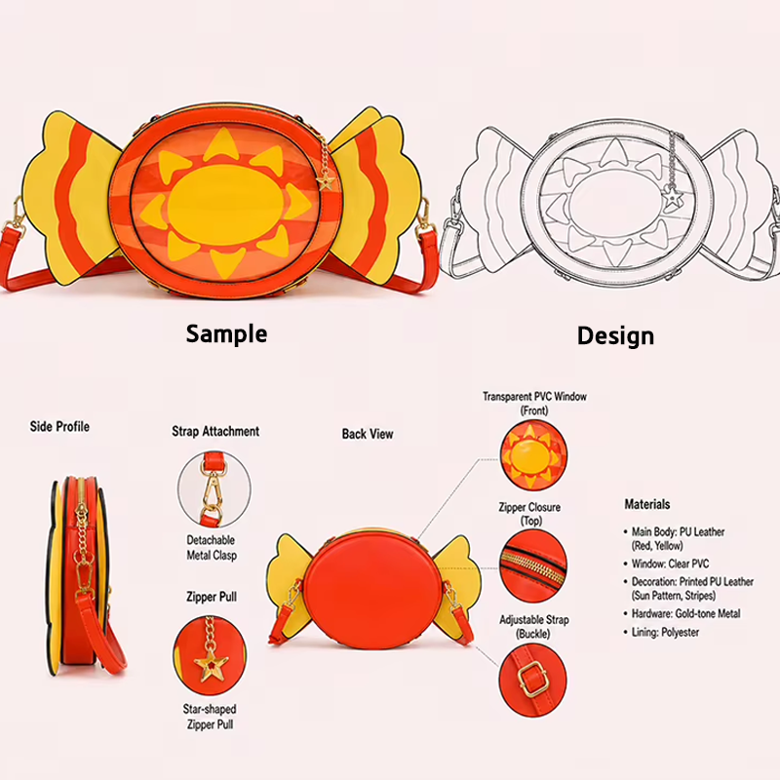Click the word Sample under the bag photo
coord(226,333)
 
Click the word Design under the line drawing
coord(615,335)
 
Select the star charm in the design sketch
coord(673,198)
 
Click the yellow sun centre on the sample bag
coord(225,205)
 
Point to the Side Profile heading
coord(59,426)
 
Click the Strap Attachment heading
coord(215,431)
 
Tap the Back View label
coord(368,434)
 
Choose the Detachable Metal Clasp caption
coord(212,547)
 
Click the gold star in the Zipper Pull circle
coord(211,666)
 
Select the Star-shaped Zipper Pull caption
coord(210,717)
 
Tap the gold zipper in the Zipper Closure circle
coord(532,566)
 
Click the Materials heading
coord(647,504)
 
